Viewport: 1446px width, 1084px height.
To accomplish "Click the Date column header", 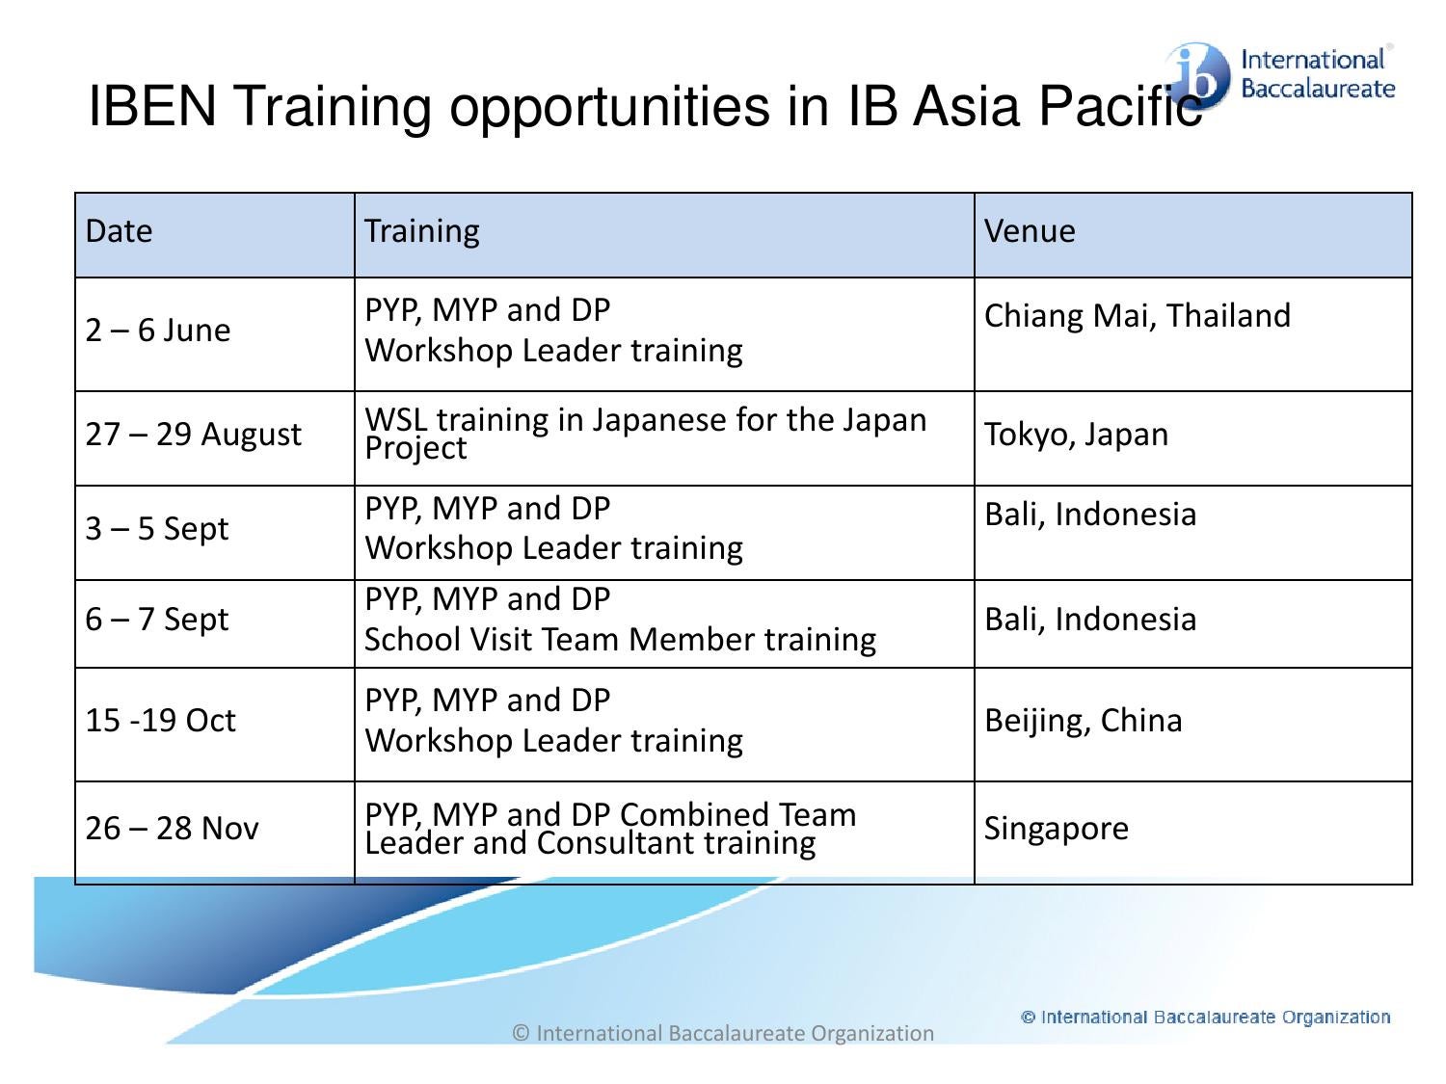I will pos(119,231).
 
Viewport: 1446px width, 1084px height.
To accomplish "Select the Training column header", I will pos(421,231).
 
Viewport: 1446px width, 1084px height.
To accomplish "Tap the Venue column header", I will pos(1029,231).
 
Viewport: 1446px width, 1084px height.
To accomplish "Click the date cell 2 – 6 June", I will pos(158,330).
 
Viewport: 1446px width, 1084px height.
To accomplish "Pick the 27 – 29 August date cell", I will pos(193,435).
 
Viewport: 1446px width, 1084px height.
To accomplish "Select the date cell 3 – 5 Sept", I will pos(157,529).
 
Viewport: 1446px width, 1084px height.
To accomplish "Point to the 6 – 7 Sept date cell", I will pos(157,620).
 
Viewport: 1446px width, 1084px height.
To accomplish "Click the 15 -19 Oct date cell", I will pos(160,721).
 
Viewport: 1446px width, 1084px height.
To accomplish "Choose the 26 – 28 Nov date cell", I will pos(172,829).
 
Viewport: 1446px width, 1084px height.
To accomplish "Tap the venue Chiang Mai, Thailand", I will pos(1137,316).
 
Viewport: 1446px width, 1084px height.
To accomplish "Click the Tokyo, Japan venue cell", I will pos(1076,435).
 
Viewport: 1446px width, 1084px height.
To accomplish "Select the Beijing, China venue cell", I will pos(1083,721).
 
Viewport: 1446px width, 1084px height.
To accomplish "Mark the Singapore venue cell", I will pos(1056,829).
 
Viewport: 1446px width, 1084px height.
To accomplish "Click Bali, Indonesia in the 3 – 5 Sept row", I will pos(1089,515).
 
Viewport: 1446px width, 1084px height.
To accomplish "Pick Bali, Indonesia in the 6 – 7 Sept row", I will pos(1089,620).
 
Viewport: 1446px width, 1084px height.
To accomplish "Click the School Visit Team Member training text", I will pos(620,640).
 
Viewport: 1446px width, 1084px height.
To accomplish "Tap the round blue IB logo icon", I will pos(1199,75).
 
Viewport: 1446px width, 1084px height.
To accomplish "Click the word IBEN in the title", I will pos(152,106).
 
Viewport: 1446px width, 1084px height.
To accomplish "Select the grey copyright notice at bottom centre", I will pos(723,1034).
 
